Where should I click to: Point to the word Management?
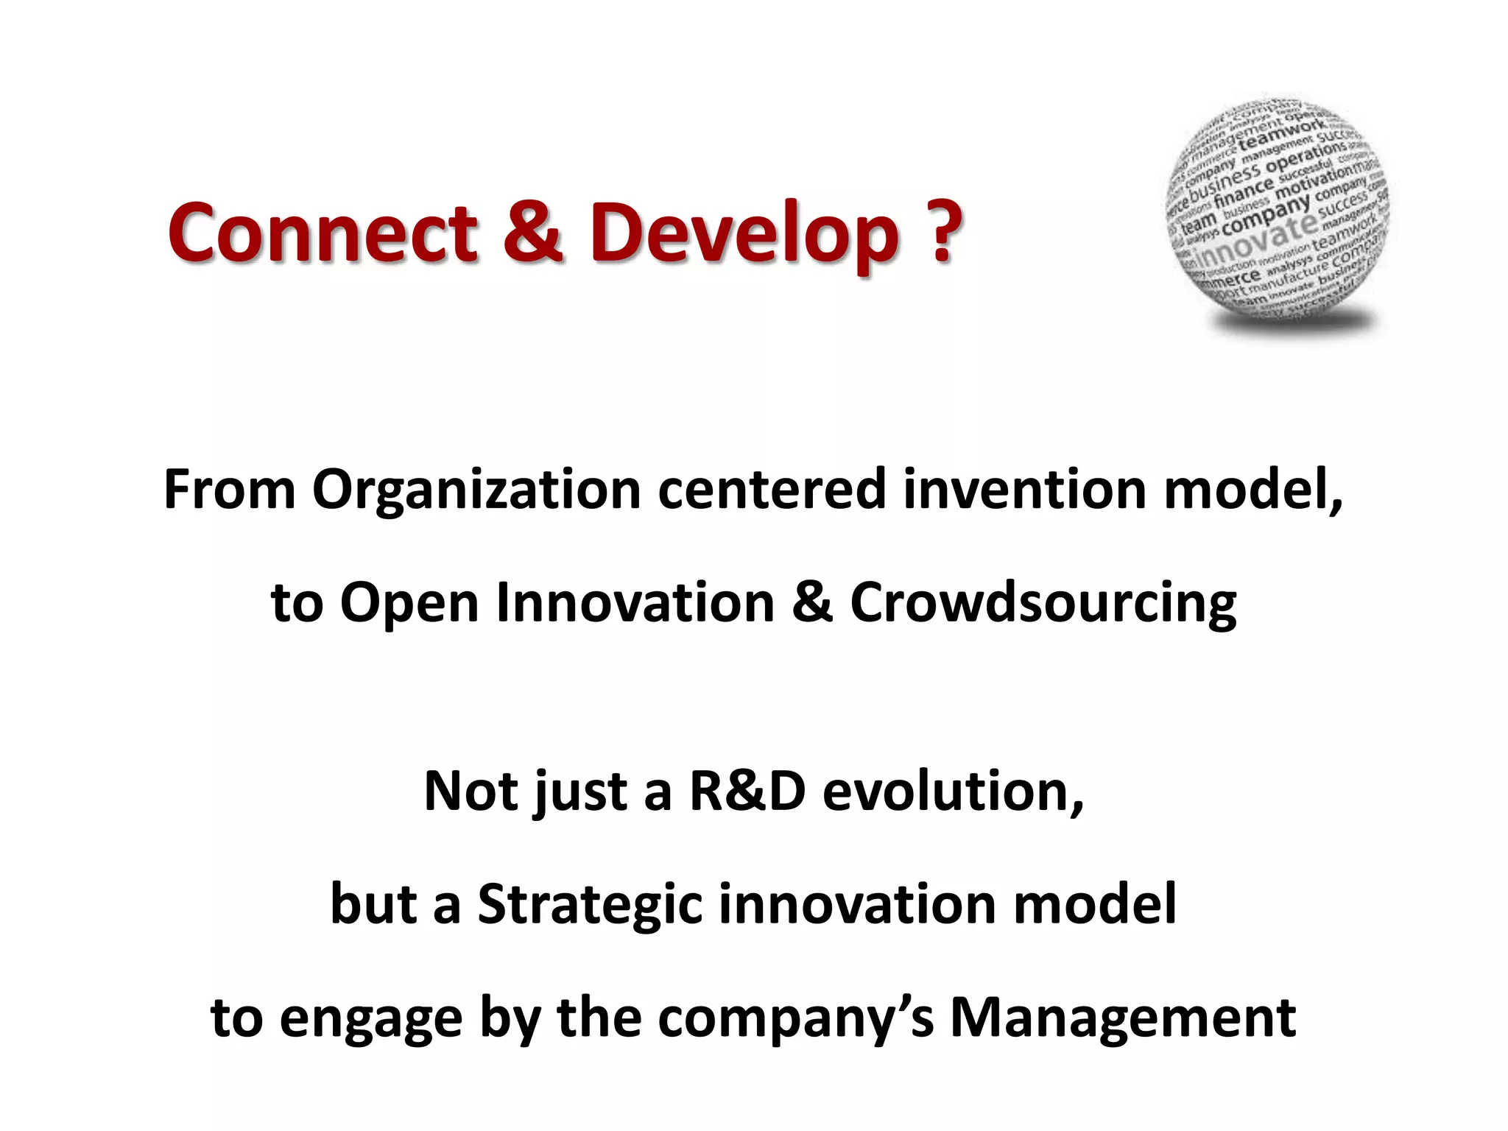point(1123,1018)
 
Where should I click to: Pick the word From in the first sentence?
point(229,490)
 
